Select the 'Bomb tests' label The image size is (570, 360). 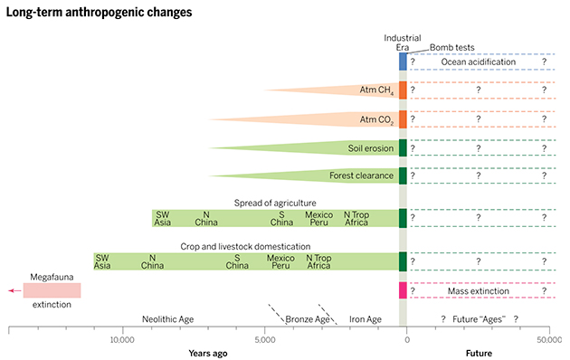(x=451, y=47)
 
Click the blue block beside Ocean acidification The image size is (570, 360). (x=404, y=62)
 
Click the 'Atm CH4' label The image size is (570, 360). (x=377, y=90)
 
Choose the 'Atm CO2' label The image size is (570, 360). (x=377, y=119)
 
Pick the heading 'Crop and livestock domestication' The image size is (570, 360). (x=251, y=246)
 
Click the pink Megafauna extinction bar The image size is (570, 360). (x=52, y=290)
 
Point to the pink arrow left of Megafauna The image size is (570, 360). (x=13, y=290)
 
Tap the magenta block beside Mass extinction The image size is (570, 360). (x=404, y=290)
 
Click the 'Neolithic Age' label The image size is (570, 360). (x=171, y=319)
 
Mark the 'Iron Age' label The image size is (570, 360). (x=366, y=319)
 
